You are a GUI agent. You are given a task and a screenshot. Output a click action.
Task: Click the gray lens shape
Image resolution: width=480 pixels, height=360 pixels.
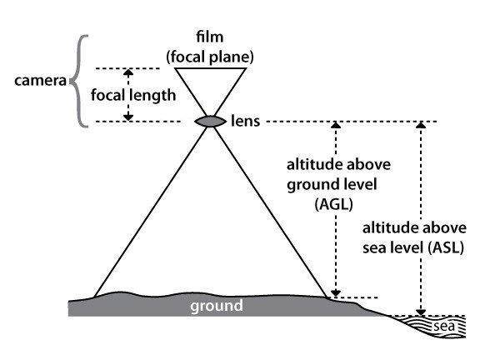(211, 121)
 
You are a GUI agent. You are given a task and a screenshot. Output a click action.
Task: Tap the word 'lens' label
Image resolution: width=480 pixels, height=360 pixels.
(246, 121)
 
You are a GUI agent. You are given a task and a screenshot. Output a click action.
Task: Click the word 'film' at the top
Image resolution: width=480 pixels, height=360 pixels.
(210, 37)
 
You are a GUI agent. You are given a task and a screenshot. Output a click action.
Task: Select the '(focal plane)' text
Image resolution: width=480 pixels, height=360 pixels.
(210, 57)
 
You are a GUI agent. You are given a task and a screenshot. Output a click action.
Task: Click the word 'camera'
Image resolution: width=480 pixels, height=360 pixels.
(40, 81)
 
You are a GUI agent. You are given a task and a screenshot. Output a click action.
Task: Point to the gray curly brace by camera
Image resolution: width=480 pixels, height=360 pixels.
(77, 81)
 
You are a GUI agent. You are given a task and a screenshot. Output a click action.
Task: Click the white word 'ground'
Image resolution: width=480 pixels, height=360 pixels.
(217, 306)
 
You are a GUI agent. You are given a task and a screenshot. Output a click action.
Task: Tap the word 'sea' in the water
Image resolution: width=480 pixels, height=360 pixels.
(444, 327)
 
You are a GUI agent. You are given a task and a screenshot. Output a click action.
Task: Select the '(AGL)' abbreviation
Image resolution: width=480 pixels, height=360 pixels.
(333, 204)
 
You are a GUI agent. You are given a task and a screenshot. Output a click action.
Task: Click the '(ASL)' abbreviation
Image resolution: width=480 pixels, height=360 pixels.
(446, 247)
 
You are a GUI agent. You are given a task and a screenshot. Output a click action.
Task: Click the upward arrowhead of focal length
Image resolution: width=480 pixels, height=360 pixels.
(128, 72)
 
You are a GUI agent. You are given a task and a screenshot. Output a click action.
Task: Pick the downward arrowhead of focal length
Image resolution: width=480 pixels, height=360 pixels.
(128, 117)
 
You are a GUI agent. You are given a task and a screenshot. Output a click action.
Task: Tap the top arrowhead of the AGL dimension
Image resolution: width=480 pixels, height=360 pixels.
(336, 125)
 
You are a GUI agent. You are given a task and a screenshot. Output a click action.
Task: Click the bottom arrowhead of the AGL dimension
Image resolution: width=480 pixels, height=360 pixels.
(336, 293)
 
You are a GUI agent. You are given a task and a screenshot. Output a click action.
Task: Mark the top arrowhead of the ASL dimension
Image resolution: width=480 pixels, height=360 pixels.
(421, 125)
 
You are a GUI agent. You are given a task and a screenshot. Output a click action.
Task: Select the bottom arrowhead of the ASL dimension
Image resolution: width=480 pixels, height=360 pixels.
(421, 312)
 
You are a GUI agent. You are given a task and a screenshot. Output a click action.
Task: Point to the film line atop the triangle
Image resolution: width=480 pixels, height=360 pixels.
(211, 68)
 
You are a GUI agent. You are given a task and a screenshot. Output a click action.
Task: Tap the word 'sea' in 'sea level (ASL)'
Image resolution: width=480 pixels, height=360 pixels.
(374, 248)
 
